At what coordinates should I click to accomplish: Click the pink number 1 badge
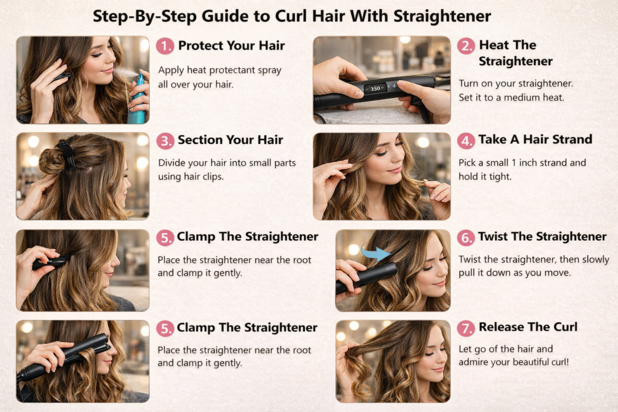pyautogui.click(x=165, y=46)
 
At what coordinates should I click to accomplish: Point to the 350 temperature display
pyautogui.click(x=375, y=89)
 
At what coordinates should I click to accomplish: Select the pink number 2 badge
pyautogui.click(x=466, y=46)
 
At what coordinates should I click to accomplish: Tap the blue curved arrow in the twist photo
pyautogui.click(x=375, y=253)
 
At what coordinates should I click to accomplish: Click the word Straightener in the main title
pyautogui.click(x=442, y=16)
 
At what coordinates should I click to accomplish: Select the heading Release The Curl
pyautogui.click(x=527, y=327)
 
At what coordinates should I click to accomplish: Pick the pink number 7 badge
pyautogui.click(x=466, y=328)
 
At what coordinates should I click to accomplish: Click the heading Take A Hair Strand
pyautogui.click(x=535, y=139)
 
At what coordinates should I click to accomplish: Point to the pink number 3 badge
pyautogui.click(x=165, y=141)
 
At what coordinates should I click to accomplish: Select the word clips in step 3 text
pyautogui.click(x=213, y=177)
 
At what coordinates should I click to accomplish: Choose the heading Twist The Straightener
pyautogui.click(x=543, y=236)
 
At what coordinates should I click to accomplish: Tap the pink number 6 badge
pyautogui.click(x=466, y=238)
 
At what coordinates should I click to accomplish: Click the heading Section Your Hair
pyautogui.click(x=230, y=140)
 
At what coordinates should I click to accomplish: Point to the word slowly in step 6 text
pyautogui.click(x=596, y=259)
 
